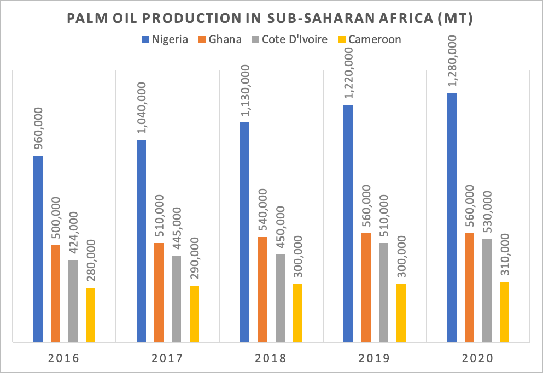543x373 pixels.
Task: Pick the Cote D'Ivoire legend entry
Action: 295,39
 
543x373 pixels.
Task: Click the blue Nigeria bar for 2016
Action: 38,249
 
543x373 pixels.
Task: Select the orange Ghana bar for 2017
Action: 159,293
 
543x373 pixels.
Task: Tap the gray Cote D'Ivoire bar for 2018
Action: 280,298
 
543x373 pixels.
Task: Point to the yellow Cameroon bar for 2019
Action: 401,313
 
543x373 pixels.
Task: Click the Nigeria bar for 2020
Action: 452,218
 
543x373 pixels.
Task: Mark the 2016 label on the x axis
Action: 63,358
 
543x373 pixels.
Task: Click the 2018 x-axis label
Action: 271,358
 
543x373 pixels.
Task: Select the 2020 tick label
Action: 478,358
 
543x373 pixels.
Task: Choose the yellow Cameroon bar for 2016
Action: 90,315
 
